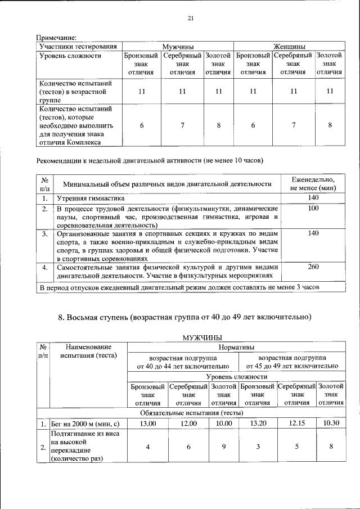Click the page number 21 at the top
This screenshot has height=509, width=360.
190,19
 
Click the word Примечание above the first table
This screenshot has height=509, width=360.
56,37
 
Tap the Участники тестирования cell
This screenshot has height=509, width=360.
79,46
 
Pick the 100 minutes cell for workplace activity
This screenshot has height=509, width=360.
313,209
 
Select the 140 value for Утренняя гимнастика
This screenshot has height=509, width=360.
313,198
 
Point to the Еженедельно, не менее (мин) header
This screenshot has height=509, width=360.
313,183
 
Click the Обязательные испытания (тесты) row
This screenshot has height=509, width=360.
191,412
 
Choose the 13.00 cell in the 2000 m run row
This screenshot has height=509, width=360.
147,423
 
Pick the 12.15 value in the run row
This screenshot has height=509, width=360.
296,423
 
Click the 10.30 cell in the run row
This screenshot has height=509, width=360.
331,423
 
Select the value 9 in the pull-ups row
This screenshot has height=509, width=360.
223,447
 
